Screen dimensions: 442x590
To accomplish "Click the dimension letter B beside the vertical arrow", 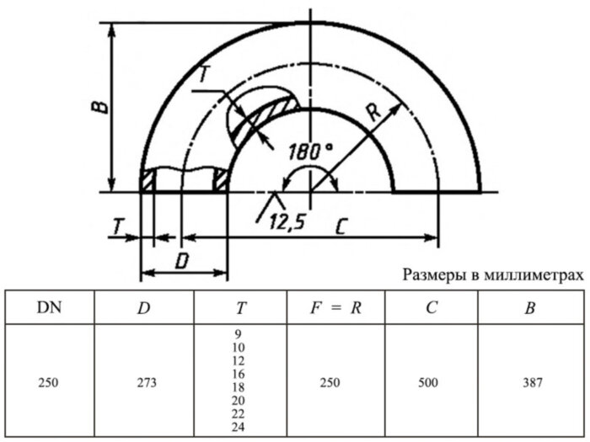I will coord(99,105).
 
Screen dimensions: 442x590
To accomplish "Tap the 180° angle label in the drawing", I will coord(309,152).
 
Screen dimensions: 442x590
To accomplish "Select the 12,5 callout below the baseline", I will coord(287,224).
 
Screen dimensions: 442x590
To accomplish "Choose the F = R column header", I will coord(335,307).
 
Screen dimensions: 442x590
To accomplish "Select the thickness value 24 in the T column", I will coord(239,428).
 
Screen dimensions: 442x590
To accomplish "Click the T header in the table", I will coord(240,307).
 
